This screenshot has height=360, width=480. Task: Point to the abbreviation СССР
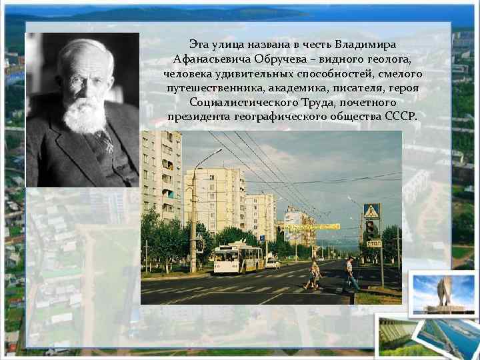pos(399,117)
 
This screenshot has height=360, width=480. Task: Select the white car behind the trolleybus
pos(271,263)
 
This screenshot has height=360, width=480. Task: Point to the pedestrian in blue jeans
pos(349,274)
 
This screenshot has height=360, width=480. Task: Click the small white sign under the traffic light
pos(374,244)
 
